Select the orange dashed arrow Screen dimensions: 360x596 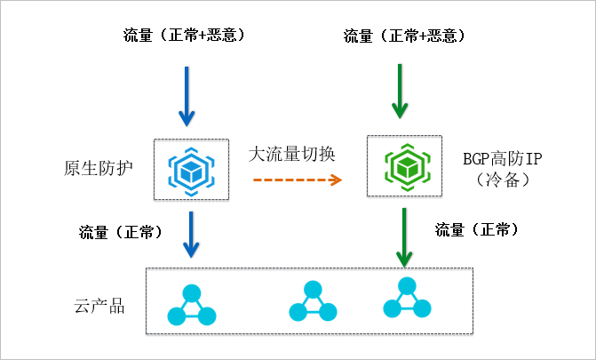point(297,180)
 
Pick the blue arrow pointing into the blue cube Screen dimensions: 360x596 point(186,94)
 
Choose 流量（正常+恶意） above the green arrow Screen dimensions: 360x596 point(404,36)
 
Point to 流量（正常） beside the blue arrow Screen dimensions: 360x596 point(121,232)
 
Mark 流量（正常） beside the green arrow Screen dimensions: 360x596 point(477,229)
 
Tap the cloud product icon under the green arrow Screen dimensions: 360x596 point(407,299)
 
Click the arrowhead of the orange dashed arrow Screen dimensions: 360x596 point(336,180)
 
